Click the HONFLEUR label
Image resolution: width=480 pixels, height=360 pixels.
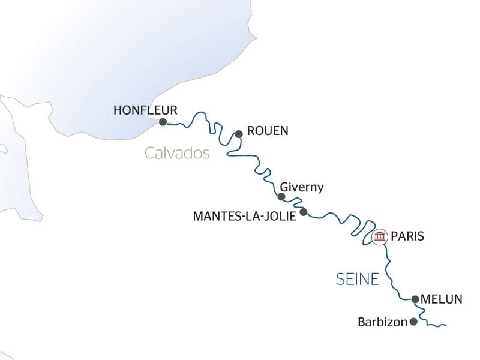(x=145, y=110)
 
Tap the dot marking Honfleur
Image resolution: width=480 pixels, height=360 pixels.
(x=163, y=122)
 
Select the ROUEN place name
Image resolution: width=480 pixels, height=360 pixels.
(x=268, y=131)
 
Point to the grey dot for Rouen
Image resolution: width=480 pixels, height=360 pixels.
(x=238, y=134)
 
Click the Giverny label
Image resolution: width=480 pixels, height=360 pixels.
(x=302, y=188)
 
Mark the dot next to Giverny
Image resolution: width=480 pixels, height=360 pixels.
(x=281, y=196)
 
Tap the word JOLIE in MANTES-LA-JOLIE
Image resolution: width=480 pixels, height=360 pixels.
(x=280, y=216)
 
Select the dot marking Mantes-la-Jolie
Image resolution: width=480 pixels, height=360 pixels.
(x=304, y=212)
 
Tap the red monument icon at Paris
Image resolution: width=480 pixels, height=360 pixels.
(x=379, y=237)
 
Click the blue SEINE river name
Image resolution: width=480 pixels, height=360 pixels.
(x=357, y=279)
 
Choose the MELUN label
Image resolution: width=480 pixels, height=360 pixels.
(x=442, y=299)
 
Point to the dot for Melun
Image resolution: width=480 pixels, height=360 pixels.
(x=415, y=299)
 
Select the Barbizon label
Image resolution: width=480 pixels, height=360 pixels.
(x=382, y=322)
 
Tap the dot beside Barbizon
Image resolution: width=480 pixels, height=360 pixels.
(x=413, y=322)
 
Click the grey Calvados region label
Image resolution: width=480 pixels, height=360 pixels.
(x=177, y=154)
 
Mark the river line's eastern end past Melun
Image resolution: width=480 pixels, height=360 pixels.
(x=446, y=326)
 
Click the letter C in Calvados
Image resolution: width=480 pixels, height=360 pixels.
(x=150, y=154)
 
